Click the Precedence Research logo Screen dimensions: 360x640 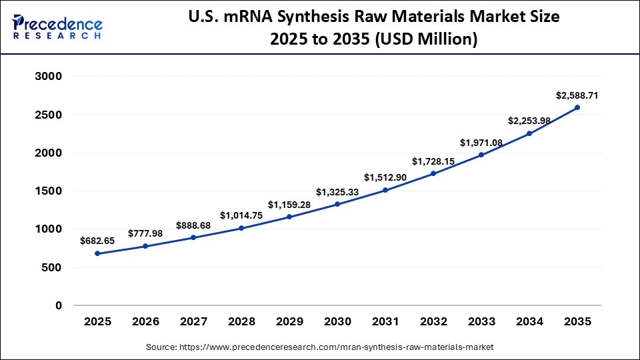(x=57, y=27)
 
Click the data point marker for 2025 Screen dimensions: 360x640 (x=98, y=253)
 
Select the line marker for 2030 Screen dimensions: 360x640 (x=337, y=204)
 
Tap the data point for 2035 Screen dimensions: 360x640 (x=577, y=107)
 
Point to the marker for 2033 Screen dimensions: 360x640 (x=481, y=155)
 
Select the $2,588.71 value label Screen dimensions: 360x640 (x=577, y=95)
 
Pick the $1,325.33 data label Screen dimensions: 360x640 (x=338, y=192)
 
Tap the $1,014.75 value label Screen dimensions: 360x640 (x=242, y=215)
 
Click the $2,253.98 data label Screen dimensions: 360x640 (x=529, y=121)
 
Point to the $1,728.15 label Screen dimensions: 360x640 (x=433, y=161)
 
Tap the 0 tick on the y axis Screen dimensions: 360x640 (x=58, y=306)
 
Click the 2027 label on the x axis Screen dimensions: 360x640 (x=194, y=321)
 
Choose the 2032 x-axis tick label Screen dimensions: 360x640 (x=433, y=321)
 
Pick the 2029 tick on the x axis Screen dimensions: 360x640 (x=290, y=321)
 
